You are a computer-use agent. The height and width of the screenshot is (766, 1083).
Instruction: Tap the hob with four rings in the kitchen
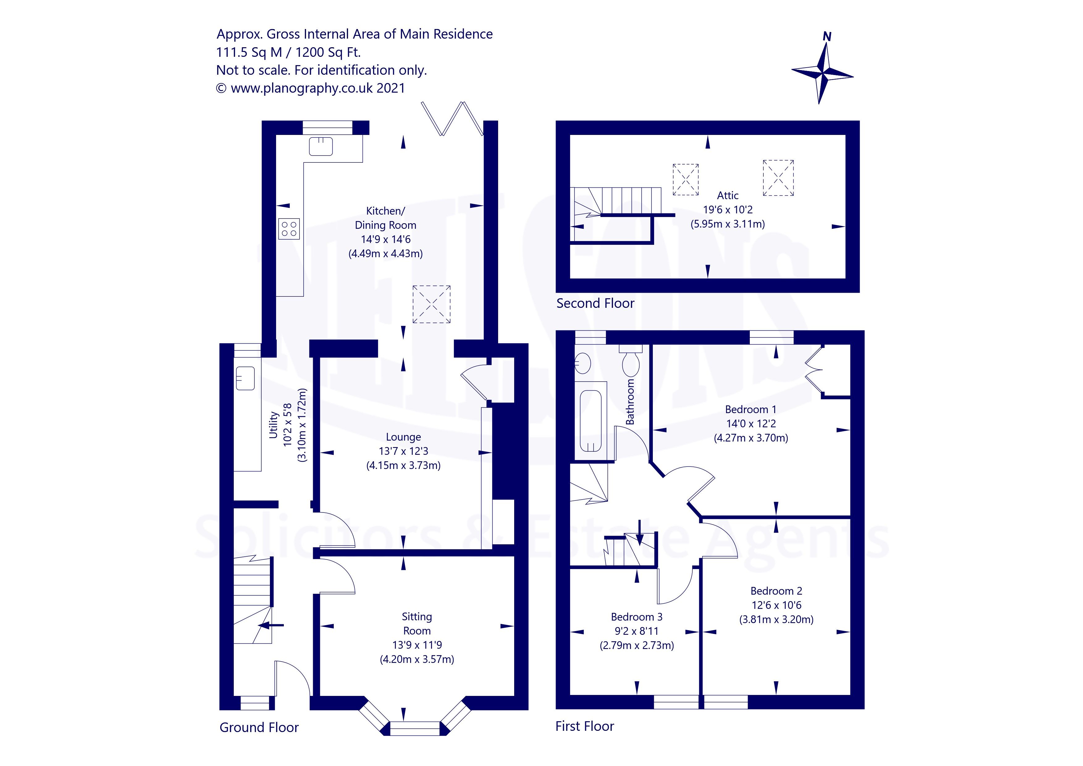pyautogui.click(x=289, y=229)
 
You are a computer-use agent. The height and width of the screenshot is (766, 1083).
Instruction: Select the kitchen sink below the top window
pyautogui.click(x=321, y=146)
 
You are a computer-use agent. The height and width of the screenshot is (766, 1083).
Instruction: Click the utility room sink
pyautogui.click(x=245, y=378)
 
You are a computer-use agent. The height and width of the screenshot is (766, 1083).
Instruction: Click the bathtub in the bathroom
pyautogui.click(x=590, y=421)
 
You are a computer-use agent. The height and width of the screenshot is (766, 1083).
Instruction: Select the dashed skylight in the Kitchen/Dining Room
pyautogui.click(x=431, y=304)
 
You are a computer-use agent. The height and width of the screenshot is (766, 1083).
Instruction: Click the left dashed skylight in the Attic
pyautogui.click(x=685, y=179)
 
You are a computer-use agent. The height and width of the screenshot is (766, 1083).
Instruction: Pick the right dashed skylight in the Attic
pyautogui.click(x=778, y=178)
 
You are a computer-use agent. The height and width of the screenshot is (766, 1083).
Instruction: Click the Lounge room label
pyautogui.click(x=403, y=437)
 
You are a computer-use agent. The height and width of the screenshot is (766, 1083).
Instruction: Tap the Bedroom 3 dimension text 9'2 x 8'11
pyautogui.click(x=636, y=631)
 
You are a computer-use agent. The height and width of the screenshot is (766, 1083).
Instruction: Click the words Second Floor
pyautogui.click(x=595, y=303)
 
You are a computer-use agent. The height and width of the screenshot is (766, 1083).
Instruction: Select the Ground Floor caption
pyautogui.click(x=259, y=727)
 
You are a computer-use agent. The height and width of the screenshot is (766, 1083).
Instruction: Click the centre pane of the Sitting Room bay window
pyautogui.click(x=415, y=728)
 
